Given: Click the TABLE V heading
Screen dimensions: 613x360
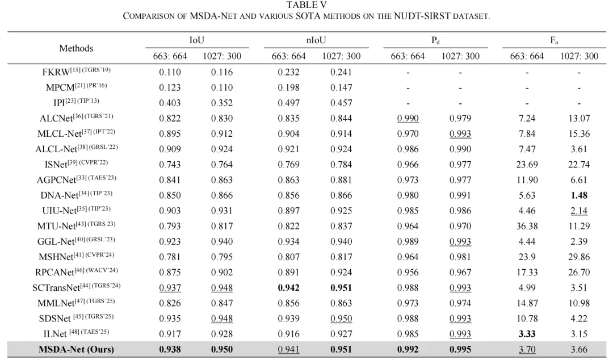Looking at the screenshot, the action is coord(306,5).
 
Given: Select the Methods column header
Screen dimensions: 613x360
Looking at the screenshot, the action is coord(76,48).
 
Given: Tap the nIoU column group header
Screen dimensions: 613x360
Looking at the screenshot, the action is coord(316,40).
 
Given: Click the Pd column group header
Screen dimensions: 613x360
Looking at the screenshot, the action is coord(435,40).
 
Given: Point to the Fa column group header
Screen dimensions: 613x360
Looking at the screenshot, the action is coord(554,40).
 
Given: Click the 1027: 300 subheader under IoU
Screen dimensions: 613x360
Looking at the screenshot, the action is coord(222,56).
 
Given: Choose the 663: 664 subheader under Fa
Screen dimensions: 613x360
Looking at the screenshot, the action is coord(527,56).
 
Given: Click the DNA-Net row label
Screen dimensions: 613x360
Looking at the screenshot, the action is coord(76,194).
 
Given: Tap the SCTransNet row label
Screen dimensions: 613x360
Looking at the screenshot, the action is coord(76,287).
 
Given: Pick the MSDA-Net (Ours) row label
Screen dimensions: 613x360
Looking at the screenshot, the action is coord(76,349).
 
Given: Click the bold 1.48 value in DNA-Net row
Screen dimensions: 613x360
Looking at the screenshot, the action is coord(579,195).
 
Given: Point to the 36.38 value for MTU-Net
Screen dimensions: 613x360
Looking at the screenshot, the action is coord(527,226).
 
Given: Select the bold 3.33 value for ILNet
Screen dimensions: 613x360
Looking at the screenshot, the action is coord(527,334).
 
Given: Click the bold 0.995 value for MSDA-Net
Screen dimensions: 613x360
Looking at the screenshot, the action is coord(460,349).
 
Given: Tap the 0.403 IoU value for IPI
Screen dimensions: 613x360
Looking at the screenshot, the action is coord(170,103).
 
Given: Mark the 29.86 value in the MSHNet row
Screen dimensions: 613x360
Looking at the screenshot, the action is coord(579,257).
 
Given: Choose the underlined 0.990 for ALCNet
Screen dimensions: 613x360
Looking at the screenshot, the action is coord(408,118).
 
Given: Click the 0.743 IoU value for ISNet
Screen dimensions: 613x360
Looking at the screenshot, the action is coord(170,164).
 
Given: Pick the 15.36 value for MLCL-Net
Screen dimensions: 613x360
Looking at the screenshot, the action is coord(579,133).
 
